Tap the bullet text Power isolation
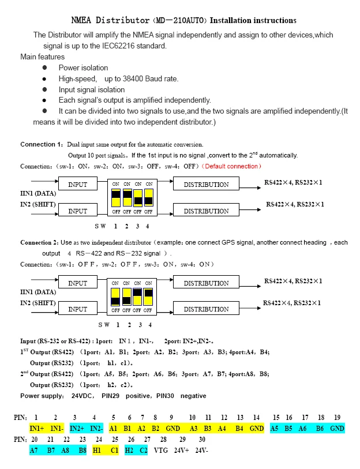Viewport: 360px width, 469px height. coord(83,67)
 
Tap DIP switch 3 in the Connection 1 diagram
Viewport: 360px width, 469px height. coord(137,198)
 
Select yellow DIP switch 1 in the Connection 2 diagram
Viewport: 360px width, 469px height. coord(115,297)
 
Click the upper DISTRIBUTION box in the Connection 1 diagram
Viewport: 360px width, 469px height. coord(206,185)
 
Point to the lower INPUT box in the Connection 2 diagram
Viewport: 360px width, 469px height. coord(78,309)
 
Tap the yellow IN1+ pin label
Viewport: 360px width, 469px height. coord(37,429)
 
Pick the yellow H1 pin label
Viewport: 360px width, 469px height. coord(97,449)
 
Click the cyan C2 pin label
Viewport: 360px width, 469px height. coord(142,449)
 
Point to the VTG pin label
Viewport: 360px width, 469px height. coord(161,449)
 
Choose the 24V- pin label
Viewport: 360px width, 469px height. coord(201,449)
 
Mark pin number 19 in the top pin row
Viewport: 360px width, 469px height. coord(337,417)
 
